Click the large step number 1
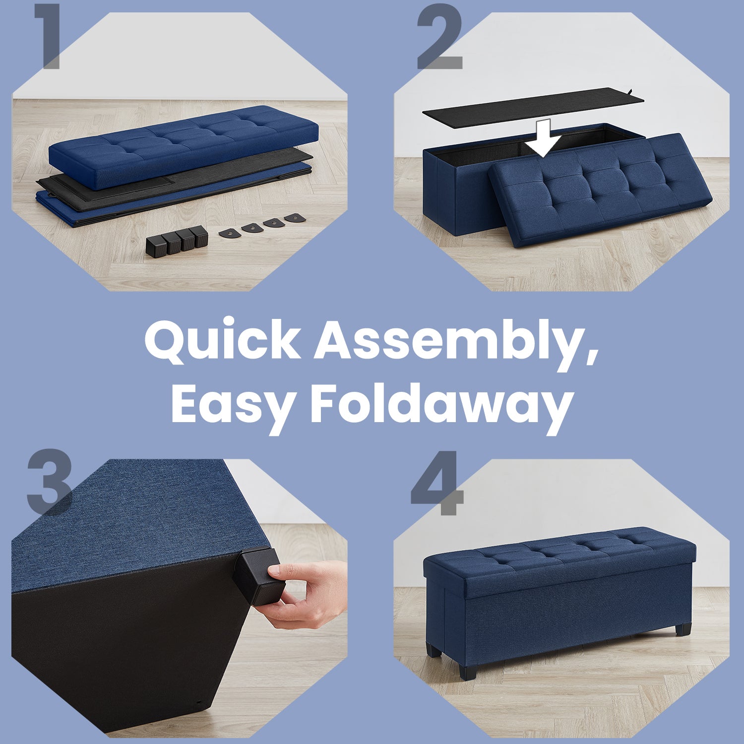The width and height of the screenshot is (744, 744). click(49, 37)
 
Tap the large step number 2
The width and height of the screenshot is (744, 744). click(439, 38)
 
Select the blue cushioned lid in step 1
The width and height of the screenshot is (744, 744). click(184, 147)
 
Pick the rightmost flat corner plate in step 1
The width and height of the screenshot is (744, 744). click(296, 218)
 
